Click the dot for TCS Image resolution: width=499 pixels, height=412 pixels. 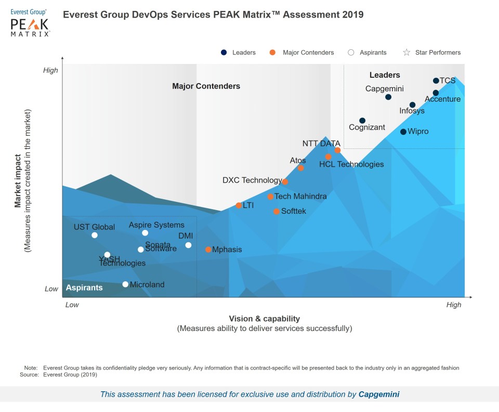tap(436, 80)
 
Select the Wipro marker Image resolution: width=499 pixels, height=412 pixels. tap(403, 132)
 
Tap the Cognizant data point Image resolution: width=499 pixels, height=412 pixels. tap(362, 121)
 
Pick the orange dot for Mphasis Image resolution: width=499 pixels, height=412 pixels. tap(208, 250)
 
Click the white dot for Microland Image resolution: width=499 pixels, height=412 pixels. tap(125, 284)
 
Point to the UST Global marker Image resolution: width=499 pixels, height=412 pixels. tap(95, 235)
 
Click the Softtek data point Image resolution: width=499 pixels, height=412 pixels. tap(277, 211)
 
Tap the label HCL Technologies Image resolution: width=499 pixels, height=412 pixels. tap(351, 164)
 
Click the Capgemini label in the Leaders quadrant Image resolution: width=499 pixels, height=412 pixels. tap(385, 89)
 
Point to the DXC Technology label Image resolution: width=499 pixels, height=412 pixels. tap(252, 180)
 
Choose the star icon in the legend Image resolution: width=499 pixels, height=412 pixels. tap(406, 52)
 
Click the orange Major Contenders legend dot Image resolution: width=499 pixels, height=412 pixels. tap(272, 52)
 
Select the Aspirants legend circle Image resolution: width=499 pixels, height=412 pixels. tap(351, 52)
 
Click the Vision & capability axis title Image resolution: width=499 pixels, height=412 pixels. tap(265, 319)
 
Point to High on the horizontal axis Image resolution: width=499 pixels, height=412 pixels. tap(454, 305)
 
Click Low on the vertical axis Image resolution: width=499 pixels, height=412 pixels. tap(51, 289)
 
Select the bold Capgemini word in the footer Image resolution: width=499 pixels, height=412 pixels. tap(379, 394)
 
